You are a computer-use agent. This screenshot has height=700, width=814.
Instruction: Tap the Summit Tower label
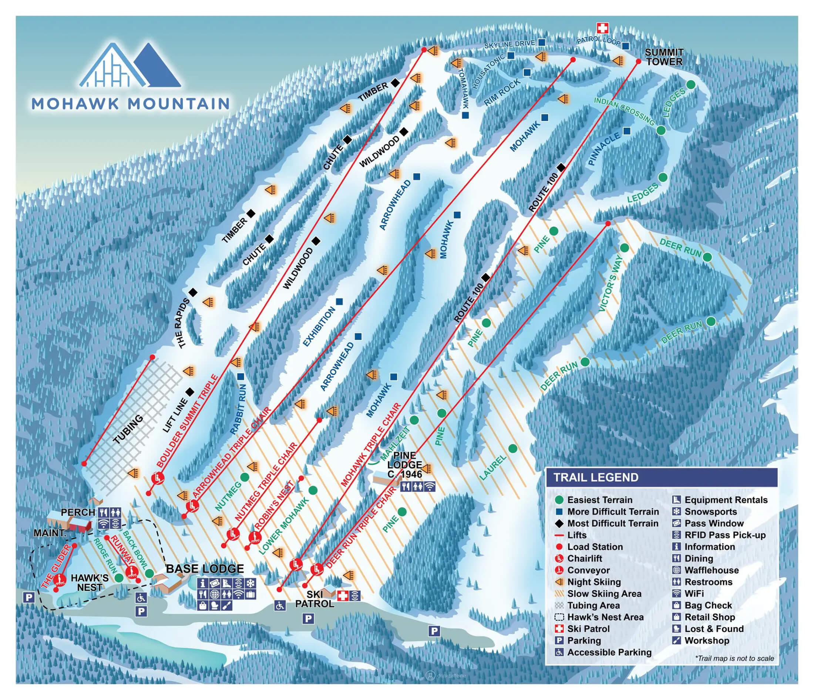click(664, 57)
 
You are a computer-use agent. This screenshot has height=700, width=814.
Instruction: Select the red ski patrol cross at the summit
click(602, 28)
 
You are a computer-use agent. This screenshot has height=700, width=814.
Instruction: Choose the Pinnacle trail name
click(605, 149)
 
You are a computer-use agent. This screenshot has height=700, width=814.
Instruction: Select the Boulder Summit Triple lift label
click(187, 421)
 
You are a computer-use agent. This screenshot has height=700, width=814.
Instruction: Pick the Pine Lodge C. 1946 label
click(405, 464)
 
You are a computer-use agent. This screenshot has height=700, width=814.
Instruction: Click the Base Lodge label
click(205, 569)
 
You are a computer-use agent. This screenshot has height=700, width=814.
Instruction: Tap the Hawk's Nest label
click(90, 583)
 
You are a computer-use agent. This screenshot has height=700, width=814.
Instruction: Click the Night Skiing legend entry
click(594, 582)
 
